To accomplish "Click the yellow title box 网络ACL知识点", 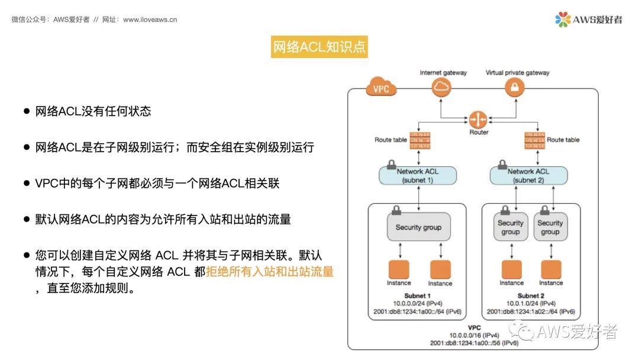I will [319, 47].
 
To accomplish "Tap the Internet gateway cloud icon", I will [441, 88].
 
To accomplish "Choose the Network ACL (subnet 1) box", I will [418, 175].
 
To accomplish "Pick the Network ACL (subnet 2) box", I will [528, 175].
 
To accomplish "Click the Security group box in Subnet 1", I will [418, 227].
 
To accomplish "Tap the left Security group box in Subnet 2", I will [511, 227].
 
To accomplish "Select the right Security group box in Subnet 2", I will [550, 227].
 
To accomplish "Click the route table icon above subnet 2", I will [534, 140].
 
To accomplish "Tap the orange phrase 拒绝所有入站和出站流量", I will [270, 272].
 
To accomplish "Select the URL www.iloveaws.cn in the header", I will [150, 20].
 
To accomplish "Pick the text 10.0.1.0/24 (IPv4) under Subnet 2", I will [528, 303].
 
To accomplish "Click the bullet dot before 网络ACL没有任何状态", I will [27, 111].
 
